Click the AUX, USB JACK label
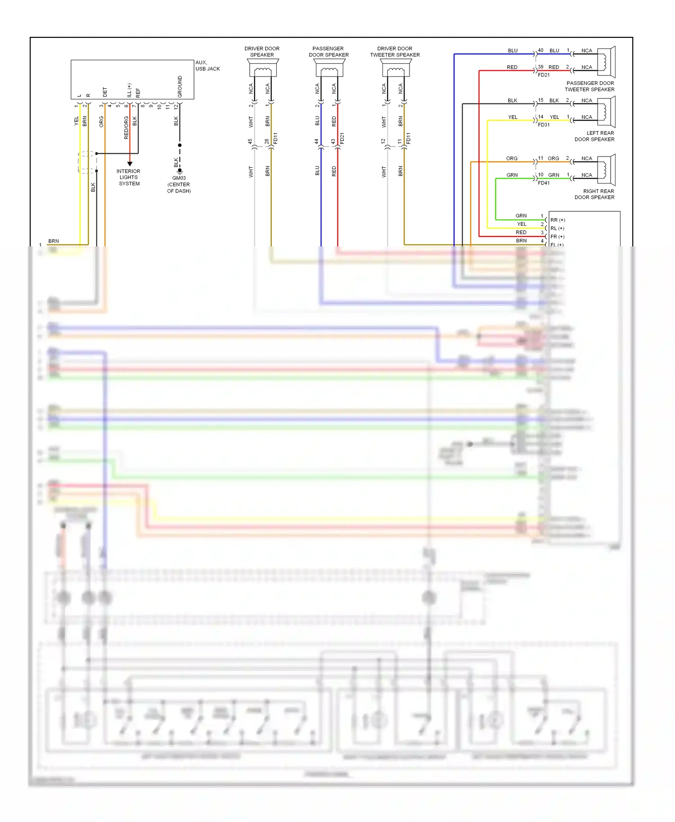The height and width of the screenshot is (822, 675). [x=207, y=66]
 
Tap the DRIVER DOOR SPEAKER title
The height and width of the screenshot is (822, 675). [x=262, y=52]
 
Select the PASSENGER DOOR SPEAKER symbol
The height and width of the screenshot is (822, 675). [x=329, y=68]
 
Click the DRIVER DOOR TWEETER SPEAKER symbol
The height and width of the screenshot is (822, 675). [x=395, y=68]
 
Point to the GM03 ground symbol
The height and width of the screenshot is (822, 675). [x=180, y=171]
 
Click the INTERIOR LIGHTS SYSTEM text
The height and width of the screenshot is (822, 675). [x=129, y=177]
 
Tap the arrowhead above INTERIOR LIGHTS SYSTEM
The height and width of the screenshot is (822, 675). [x=130, y=164]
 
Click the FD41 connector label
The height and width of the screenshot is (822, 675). [x=544, y=183]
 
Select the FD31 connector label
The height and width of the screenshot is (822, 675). [x=544, y=125]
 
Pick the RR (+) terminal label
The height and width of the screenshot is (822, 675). [x=558, y=220]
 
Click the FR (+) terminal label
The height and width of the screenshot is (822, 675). [x=557, y=237]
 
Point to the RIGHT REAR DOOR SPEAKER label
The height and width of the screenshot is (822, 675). [x=594, y=194]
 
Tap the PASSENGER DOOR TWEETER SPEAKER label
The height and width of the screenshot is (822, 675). [x=590, y=86]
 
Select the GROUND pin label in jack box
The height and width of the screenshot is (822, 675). [x=180, y=86]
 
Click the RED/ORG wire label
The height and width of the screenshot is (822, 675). [x=126, y=127]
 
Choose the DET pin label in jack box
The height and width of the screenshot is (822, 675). [x=105, y=92]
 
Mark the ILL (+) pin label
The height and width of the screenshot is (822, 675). [x=129, y=90]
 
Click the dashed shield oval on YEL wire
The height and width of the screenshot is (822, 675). [x=87, y=162]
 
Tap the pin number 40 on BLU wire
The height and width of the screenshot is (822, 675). [x=540, y=50]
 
